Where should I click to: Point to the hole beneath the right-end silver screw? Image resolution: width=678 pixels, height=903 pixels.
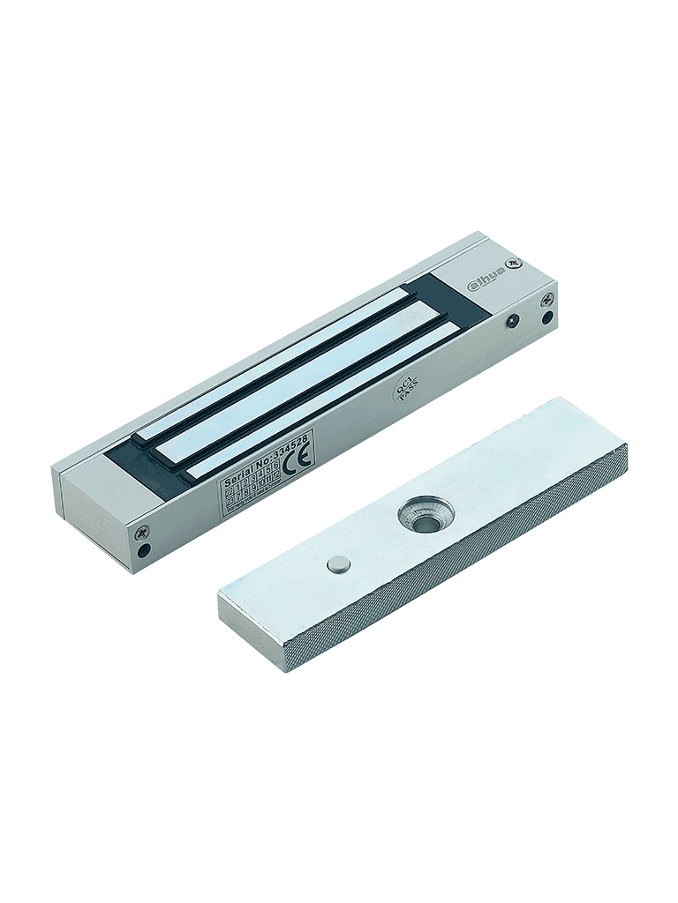(x=548, y=317)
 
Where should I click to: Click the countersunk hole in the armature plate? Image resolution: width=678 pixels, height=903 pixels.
(x=424, y=515)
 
